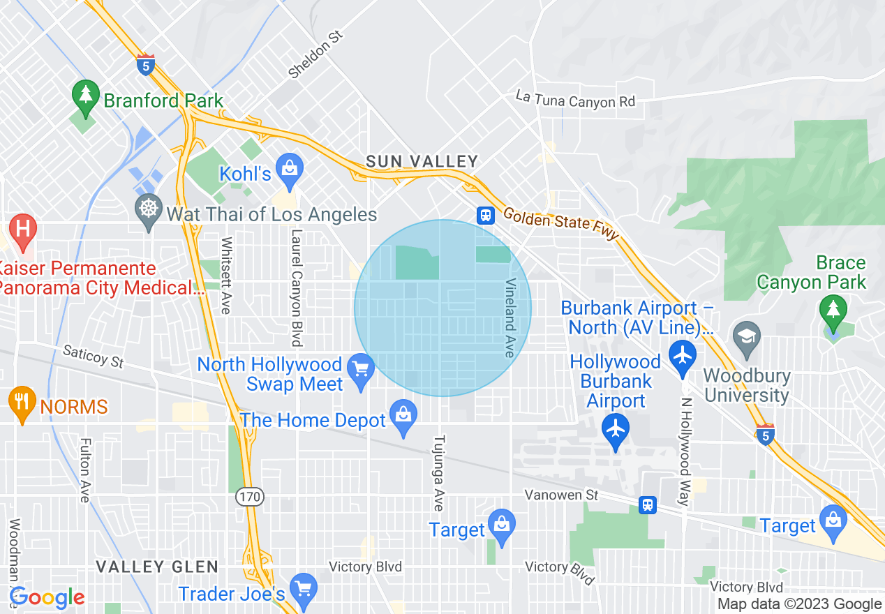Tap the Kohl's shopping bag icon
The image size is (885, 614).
(288, 168)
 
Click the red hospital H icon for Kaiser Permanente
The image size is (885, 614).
(22, 230)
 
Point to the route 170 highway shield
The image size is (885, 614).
(249, 497)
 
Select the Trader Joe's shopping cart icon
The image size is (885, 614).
(303, 588)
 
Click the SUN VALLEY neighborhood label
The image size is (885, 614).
(422, 161)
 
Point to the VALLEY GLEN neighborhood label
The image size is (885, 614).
(157, 567)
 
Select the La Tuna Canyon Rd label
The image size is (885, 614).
(576, 99)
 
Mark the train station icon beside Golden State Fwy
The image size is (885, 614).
(486, 215)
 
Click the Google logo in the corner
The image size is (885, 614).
(47, 597)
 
